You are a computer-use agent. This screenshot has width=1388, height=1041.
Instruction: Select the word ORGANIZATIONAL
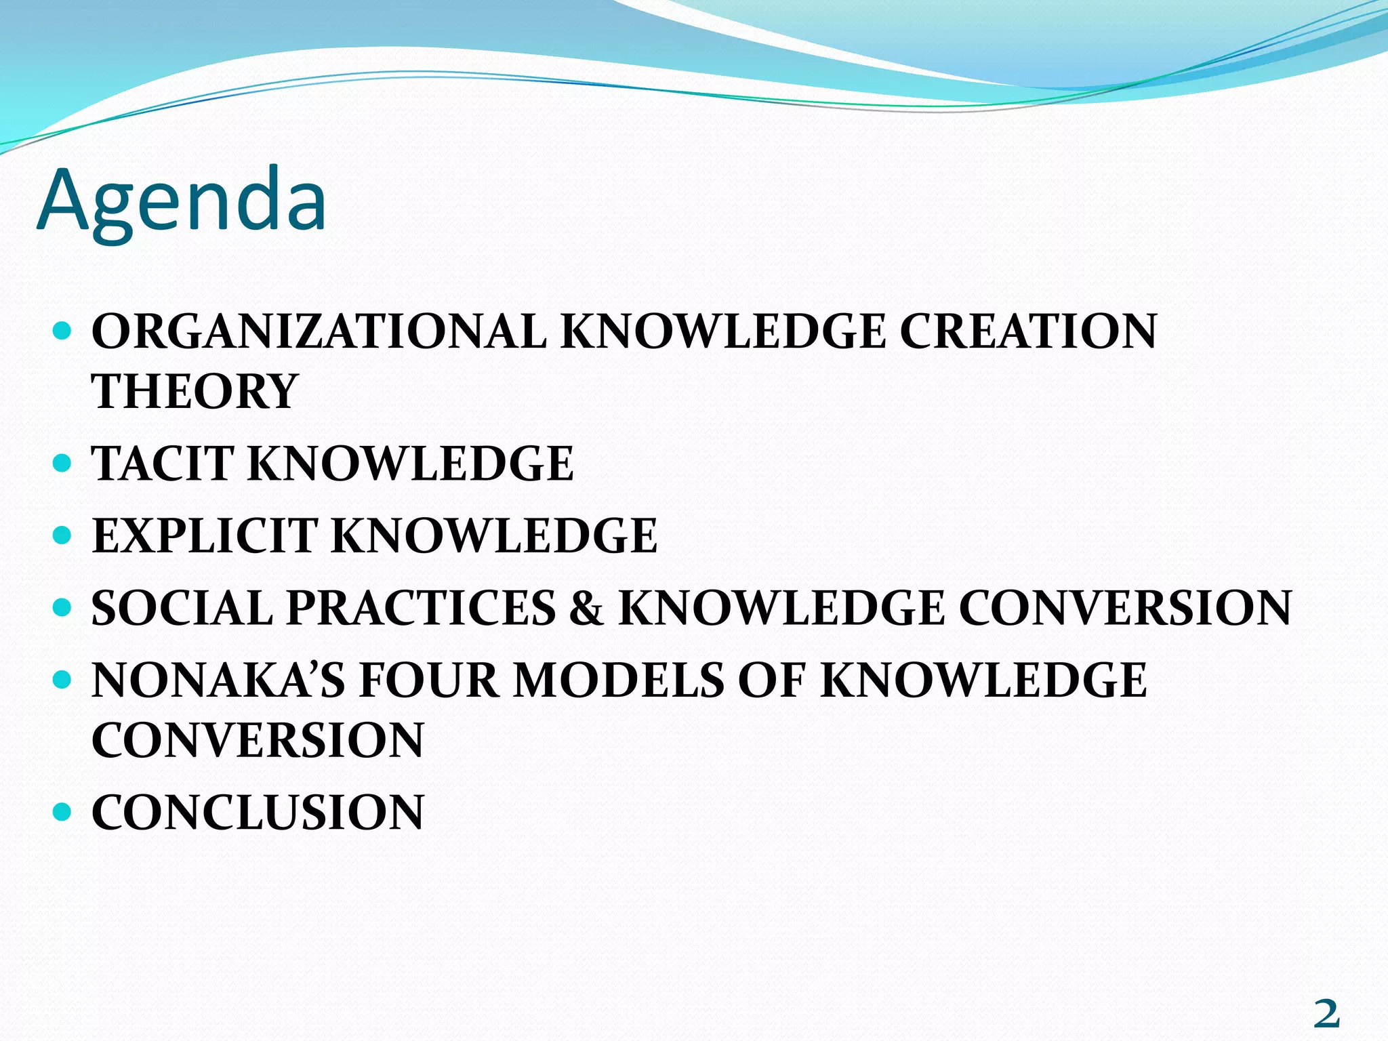(x=319, y=331)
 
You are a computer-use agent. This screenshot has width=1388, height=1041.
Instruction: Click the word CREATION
(x=1027, y=331)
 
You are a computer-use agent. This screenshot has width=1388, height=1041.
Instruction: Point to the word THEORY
(x=195, y=391)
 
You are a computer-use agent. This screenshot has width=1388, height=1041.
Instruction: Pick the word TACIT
(x=163, y=464)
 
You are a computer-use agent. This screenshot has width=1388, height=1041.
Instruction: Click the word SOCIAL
(x=182, y=607)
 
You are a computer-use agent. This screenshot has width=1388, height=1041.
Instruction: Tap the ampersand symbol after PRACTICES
(x=586, y=607)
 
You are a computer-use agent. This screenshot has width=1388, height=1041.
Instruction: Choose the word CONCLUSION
(x=258, y=812)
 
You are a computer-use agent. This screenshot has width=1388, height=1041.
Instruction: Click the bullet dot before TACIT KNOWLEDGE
(x=62, y=464)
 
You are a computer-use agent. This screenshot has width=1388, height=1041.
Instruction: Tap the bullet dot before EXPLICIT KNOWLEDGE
(x=62, y=535)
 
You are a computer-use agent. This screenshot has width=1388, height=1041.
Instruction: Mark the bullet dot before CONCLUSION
(x=62, y=811)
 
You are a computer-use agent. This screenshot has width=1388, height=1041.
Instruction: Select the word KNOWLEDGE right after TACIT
(x=411, y=464)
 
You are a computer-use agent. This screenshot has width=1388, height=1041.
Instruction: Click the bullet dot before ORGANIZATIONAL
(x=62, y=331)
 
